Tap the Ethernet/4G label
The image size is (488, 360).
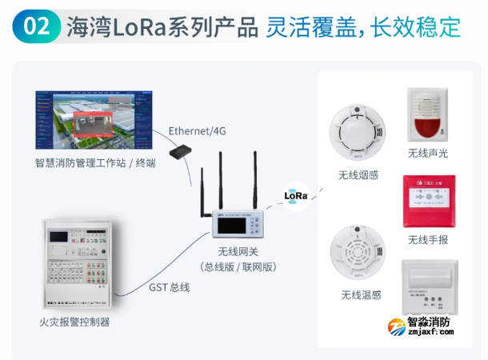click(x=197, y=130)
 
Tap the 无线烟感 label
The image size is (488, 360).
click(x=358, y=175)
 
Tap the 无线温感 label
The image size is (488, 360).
click(x=361, y=295)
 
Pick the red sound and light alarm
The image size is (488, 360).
click(x=429, y=114)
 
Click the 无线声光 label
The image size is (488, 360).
click(x=428, y=154)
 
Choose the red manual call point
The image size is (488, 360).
click(x=428, y=201)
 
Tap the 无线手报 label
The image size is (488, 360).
click(x=428, y=240)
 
